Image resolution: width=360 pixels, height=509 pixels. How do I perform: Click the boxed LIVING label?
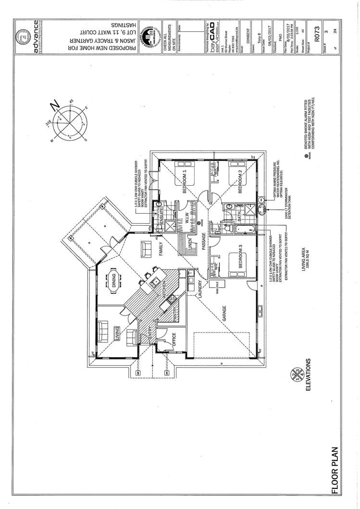point(117,332)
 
